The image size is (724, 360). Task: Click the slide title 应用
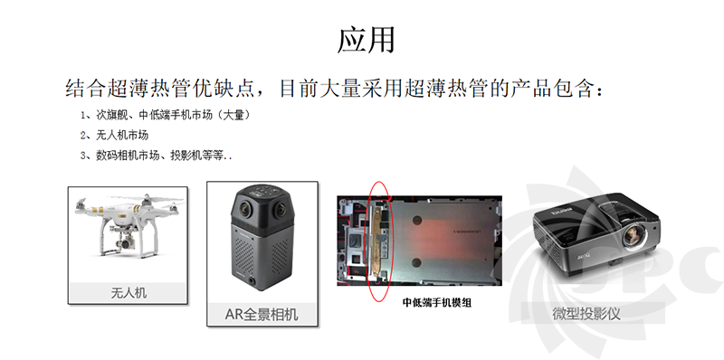click(367, 40)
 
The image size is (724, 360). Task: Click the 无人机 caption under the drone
click(129, 293)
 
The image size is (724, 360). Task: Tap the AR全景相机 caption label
click(262, 314)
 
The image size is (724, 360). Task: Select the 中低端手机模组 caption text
click(437, 303)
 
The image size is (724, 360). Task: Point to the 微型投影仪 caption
click(586, 313)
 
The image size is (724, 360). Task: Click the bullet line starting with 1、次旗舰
click(166, 115)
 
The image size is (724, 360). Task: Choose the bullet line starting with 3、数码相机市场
click(156, 156)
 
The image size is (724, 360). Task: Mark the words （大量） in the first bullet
click(235, 115)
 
